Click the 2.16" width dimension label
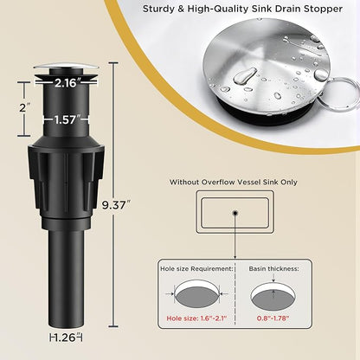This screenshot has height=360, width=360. [x=66, y=83]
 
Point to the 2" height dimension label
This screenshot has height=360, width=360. [x=24, y=108]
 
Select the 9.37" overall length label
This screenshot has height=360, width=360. [x=114, y=205]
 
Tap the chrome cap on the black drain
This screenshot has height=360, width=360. [x=66, y=66]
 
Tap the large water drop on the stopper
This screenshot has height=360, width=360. [x=245, y=76]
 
